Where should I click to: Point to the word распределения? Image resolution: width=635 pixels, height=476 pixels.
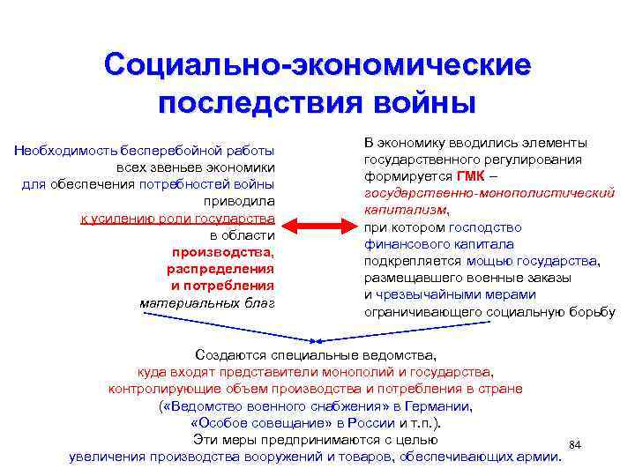tap(220, 269)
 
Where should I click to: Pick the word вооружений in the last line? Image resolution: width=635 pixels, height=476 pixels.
tap(288, 456)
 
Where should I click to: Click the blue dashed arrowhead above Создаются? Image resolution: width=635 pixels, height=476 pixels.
tap(317, 340)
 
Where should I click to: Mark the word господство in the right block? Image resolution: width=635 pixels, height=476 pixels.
tap(485, 227)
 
